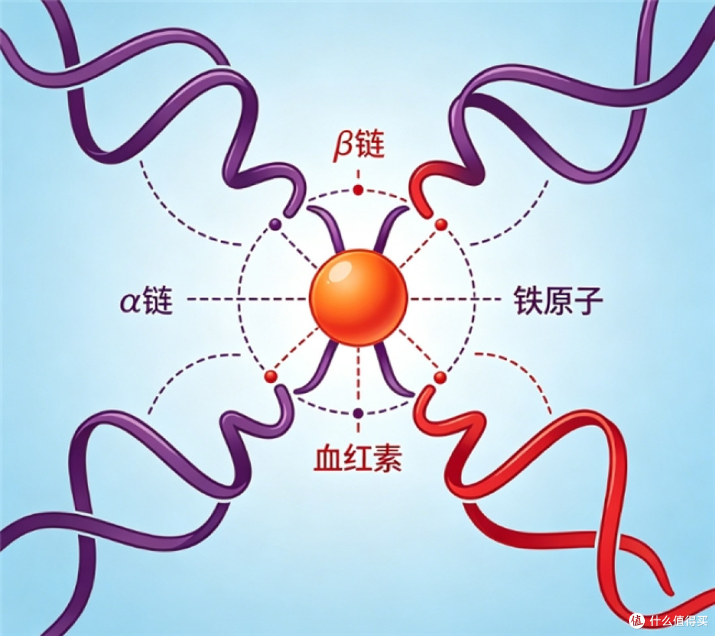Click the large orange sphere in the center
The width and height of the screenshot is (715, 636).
tap(358, 297)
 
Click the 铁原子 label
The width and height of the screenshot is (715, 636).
tap(558, 301)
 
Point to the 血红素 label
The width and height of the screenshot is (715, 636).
tap(358, 458)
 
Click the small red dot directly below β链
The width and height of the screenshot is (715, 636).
tap(358, 189)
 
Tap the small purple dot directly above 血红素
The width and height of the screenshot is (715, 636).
tap(358, 413)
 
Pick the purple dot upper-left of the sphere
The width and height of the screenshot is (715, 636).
tap(275, 224)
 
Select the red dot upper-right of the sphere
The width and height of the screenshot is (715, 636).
tap(441, 224)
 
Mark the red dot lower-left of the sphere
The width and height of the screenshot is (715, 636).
tap(271, 376)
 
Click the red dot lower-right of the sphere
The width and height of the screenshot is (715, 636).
tap(440, 377)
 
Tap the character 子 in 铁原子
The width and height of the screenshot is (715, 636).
tap(589, 301)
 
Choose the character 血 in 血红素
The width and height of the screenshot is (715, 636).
tap(328, 458)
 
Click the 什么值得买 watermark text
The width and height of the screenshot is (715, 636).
tap(679, 621)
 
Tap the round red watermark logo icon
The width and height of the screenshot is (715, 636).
tap(637, 621)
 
